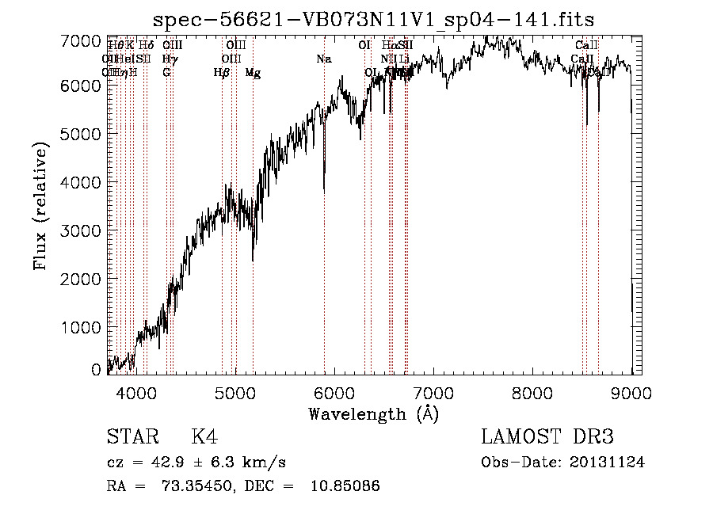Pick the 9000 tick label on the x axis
(x=631, y=392)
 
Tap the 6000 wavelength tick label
(x=334, y=392)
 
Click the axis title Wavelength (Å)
(x=373, y=413)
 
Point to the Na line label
(x=323, y=59)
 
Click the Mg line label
(x=253, y=73)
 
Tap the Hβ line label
(x=222, y=73)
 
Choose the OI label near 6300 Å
(x=364, y=46)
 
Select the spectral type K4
(x=204, y=438)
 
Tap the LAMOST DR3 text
(x=547, y=438)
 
